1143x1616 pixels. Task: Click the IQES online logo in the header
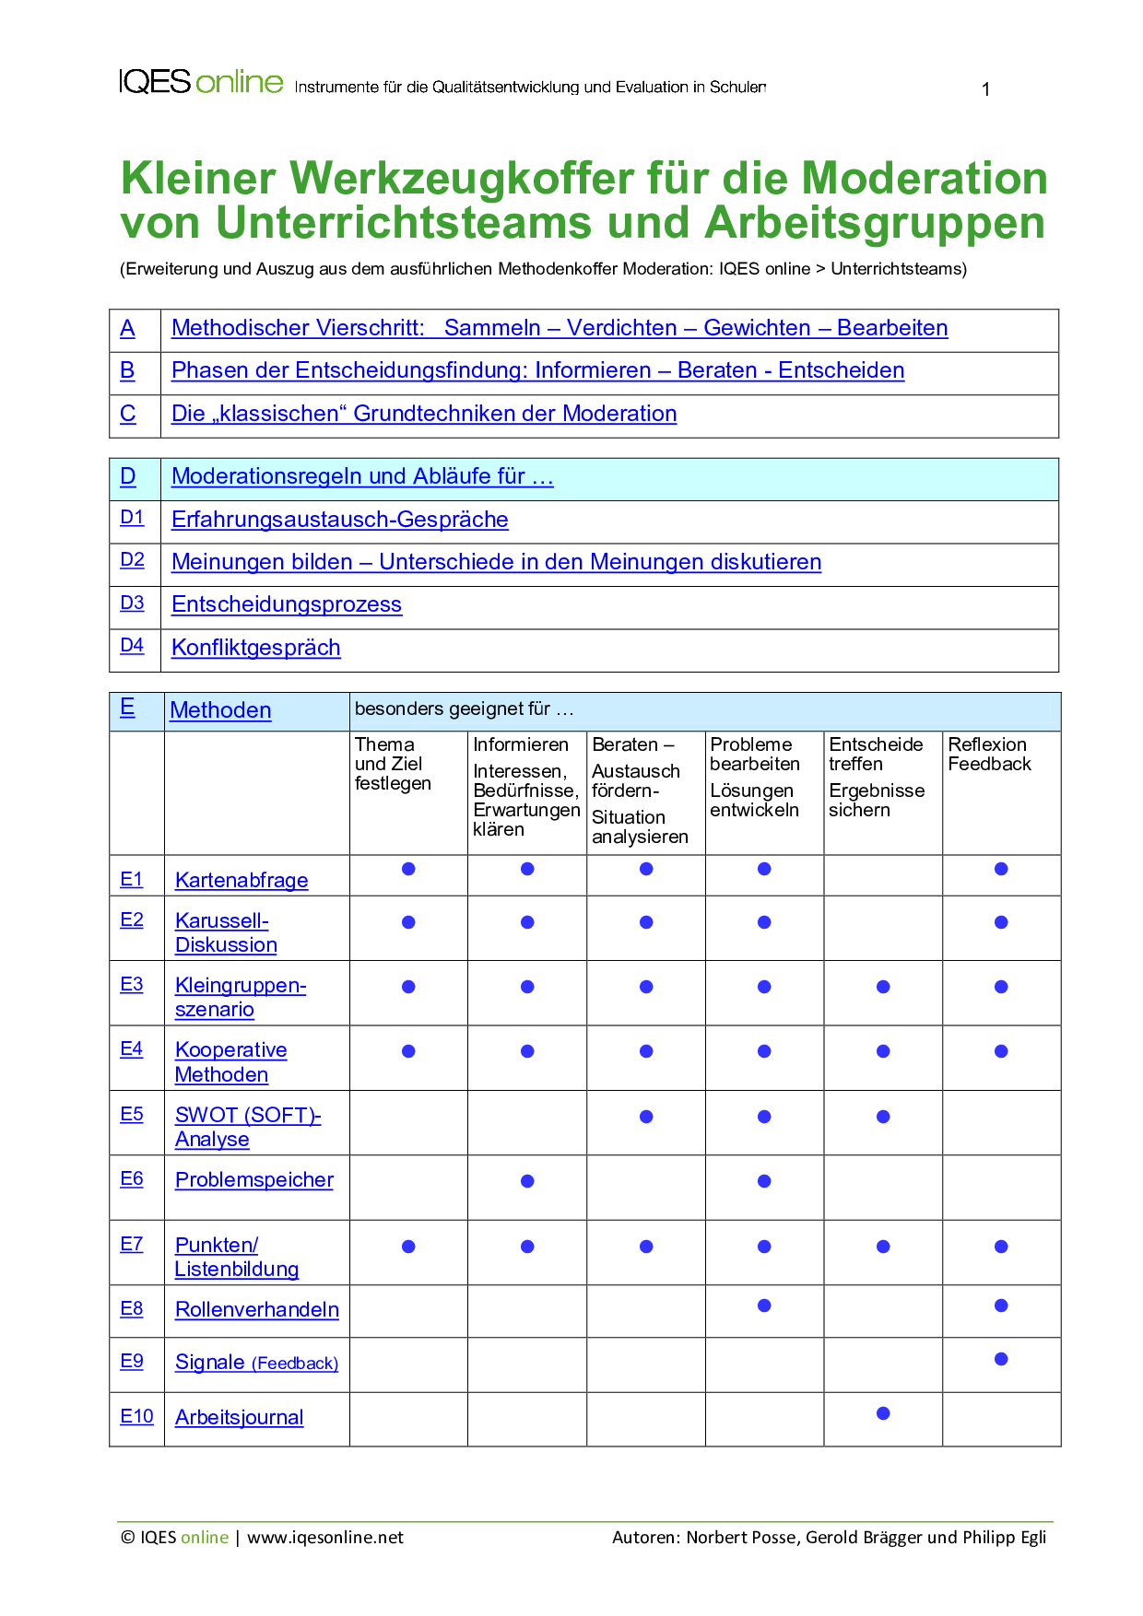(201, 82)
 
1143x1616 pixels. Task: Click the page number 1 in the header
(985, 89)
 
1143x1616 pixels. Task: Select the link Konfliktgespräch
(255, 648)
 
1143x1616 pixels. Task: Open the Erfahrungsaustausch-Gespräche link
(339, 520)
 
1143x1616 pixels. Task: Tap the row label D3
(132, 603)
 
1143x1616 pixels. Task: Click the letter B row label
(127, 370)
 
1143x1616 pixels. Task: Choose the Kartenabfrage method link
(242, 880)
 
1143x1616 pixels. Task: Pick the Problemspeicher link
(254, 1179)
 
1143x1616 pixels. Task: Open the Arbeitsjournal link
(239, 1417)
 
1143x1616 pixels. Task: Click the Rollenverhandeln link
(257, 1309)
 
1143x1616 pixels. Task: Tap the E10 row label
(136, 1416)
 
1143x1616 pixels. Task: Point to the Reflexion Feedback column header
(989, 754)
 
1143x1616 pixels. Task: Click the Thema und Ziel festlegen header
(393, 763)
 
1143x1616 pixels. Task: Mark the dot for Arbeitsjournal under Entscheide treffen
(883, 1413)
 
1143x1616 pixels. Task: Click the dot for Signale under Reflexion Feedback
(1001, 1359)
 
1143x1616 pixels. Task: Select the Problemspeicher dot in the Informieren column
(527, 1181)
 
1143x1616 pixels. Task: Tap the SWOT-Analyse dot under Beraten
(646, 1117)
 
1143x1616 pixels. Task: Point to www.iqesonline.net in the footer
(325, 1537)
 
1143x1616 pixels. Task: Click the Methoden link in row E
(220, 710)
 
